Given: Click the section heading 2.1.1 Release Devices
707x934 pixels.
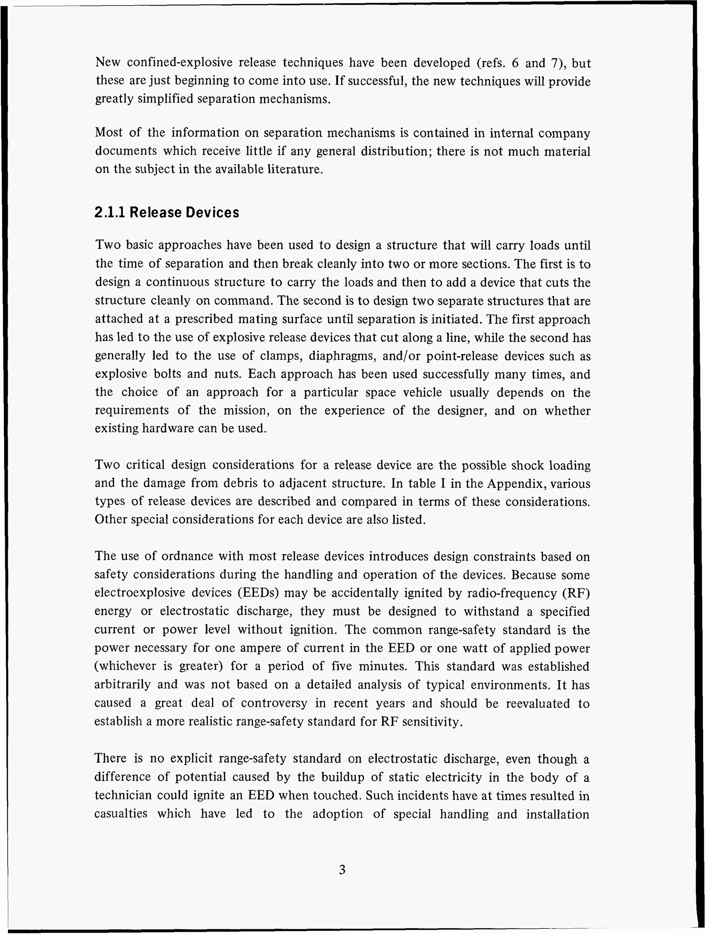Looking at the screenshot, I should [167, 212].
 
